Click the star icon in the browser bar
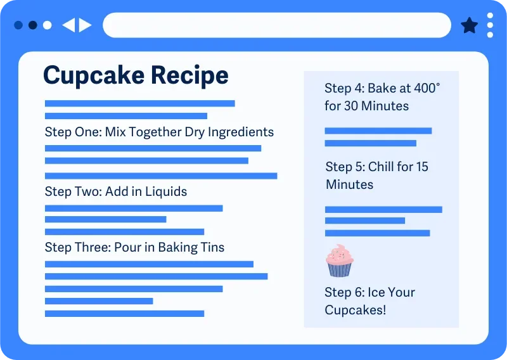(x=469, y=25)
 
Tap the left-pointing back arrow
(x=68, y=25)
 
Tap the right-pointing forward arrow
(x=86, y=25)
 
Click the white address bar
(x=277, y=25)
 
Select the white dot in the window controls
(x=47, y=25)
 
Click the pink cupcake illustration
(x=340, y=260)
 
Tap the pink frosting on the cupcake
(x=340, y=255)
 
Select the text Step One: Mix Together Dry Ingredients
(x=159, y=132)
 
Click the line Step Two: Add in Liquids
(x=116, y=191)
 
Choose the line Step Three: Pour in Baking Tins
(x=134, y=247)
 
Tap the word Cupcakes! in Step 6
(x=355, y=310)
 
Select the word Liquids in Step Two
(x=166, y=191)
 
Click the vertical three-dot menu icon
(x=490, y=25)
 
